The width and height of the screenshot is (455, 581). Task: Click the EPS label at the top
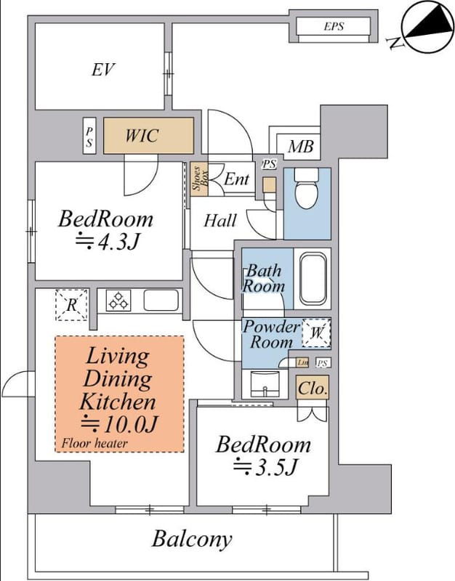click(x=334, y=26)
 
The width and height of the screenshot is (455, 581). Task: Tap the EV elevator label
click(x=103, y=70)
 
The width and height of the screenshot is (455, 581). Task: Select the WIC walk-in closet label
click(x=142, y=136)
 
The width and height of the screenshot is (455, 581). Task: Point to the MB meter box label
click(x=301, y=147)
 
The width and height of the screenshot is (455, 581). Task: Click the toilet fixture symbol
click(x=306, y=188)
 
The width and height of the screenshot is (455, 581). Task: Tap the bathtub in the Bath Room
click(x=313, y=278)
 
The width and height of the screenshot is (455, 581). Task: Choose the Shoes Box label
click(x=199, y=179)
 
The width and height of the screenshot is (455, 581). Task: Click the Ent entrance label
click(x=236, y=179)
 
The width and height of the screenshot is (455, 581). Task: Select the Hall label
click(x=220, y=221)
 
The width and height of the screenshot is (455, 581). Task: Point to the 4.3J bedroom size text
click(x=107, y=242)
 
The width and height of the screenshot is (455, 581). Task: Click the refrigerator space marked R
click(x=71, y=305)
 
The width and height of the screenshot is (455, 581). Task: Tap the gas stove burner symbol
click(x=118, y=301)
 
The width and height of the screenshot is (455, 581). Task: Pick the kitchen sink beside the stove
click(x=161, y=300)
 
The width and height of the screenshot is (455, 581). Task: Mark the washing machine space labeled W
click(x=316, y=333)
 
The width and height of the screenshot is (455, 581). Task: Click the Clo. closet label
click(x=313, y=389)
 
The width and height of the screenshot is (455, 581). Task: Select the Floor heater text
click(x=94, y=443)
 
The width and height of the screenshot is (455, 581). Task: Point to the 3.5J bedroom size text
click(x=265, y=467)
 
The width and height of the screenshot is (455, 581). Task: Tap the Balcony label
click(x=192, y=540)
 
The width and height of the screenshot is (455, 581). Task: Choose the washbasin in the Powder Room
click(x=265, y=384)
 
